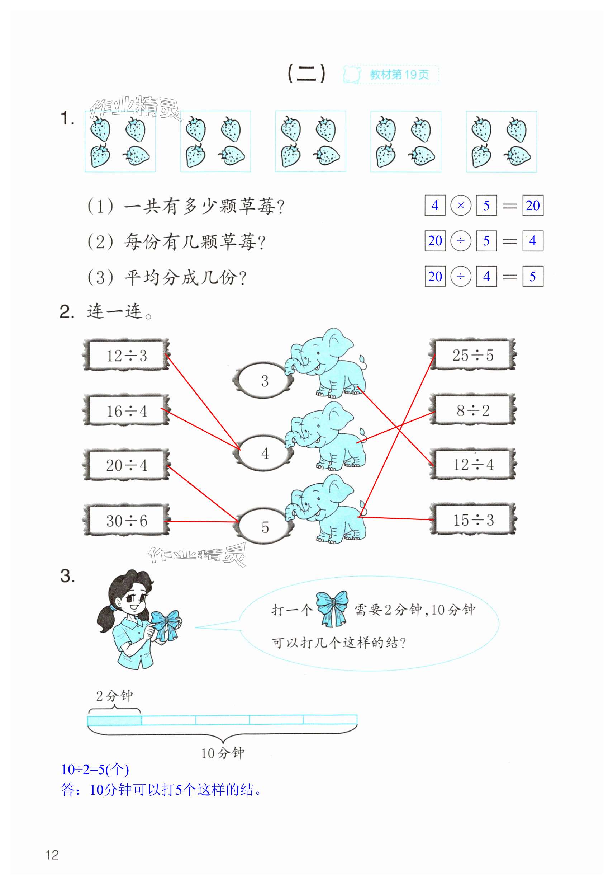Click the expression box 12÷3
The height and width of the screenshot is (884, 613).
[126, 355]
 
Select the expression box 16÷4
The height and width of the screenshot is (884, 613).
[126, 410]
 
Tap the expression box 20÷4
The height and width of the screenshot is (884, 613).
[126, 465]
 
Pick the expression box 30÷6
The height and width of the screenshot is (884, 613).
[126, 521]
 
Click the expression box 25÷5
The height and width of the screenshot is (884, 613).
[472, 355]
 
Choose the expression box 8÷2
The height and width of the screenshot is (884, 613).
[472, 410]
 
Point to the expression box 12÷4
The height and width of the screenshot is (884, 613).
[472, 464]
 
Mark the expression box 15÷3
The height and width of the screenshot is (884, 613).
[472, 519]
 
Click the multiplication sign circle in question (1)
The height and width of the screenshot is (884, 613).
[461, 206]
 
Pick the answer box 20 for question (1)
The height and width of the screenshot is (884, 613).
[533, 206]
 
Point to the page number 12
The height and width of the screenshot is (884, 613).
[52, 855]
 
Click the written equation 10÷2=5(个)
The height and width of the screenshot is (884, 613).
[95, 769]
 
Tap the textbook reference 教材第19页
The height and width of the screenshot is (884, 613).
[399, 75]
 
